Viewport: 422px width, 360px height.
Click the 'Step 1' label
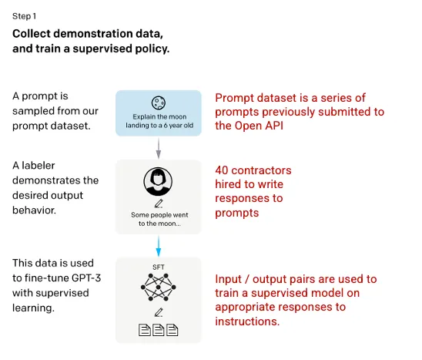24,16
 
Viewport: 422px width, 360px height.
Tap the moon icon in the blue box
159,103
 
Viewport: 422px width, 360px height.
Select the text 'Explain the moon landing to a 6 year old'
159,121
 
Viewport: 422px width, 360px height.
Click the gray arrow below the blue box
159,148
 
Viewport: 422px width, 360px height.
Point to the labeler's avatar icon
158,182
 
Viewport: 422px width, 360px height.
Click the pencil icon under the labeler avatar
159,204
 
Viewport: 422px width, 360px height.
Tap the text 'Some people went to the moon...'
159,219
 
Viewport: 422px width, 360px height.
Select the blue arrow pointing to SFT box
159,246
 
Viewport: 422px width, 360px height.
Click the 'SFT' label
159,267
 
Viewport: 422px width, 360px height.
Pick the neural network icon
159,288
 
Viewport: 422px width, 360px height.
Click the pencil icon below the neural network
159,312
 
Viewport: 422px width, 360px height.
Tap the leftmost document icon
145,330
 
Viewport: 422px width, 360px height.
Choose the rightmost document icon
172,330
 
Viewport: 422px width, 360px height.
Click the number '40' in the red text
222,170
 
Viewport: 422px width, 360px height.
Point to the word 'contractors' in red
261,170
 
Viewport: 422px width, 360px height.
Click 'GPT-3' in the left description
86,278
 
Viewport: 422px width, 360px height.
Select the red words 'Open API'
260,126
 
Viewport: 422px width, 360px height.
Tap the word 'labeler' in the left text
39,165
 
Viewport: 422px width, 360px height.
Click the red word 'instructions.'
247,321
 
